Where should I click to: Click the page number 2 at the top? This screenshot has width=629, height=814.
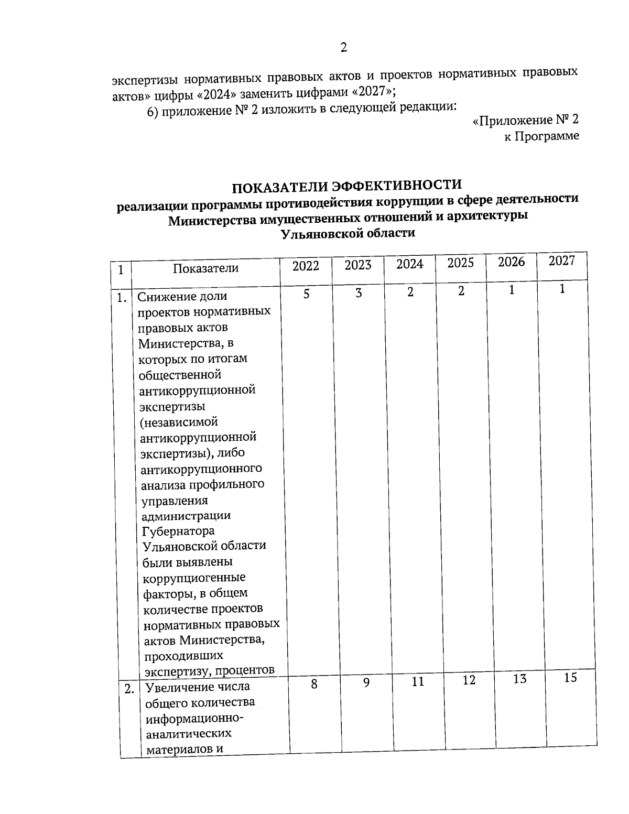[x=343, y=48]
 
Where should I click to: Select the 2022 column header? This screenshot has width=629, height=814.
[x=306, y=266]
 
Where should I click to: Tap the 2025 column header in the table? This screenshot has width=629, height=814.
[x=460, y=263]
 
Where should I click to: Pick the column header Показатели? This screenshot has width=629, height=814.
[x=205, y=268]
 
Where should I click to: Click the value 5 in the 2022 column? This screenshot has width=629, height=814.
[x=306, y=294]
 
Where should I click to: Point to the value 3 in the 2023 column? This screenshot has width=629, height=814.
[x=359, y=293]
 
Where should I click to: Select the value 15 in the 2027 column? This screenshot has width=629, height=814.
[x=570, y=678]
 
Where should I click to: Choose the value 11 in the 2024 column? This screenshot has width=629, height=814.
[x=417, y=682]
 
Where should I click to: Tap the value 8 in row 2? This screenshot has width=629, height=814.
[x=313, y=683]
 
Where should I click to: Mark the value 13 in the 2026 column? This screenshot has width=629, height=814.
[x=519, y=679]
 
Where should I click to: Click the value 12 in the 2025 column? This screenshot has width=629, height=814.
[x=469, y=680]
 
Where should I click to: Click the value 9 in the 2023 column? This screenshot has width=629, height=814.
[x=366, y=682]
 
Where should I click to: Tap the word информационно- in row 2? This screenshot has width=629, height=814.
[x=193, y=718]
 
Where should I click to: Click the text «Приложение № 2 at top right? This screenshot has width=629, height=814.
[x=525, y=121]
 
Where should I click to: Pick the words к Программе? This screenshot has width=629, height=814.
[x=541, y=136]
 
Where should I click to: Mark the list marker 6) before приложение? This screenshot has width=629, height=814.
[x=153, y=112]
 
